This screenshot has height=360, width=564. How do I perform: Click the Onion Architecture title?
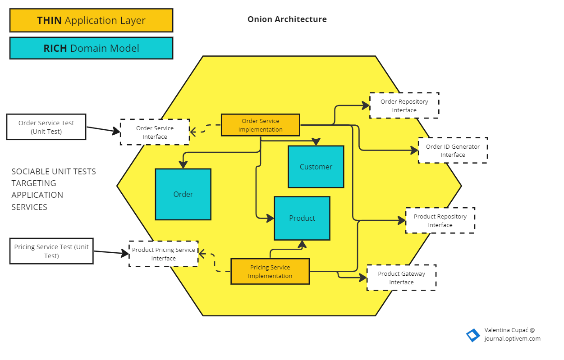pos(287,19)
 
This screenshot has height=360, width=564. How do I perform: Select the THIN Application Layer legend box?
pos(91,20)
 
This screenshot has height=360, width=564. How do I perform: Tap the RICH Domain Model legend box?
pos(91,48)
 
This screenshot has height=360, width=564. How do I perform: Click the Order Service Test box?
pos(46,127)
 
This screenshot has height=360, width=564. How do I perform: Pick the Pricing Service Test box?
pos(51,251)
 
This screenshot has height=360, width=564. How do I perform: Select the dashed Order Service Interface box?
pos(155,132)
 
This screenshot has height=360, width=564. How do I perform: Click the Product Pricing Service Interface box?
pos(163,254)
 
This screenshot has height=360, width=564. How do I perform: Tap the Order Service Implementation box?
pos(260,125)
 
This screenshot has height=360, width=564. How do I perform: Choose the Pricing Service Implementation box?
pos(270,272)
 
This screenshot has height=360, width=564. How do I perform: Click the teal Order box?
pos(183,194)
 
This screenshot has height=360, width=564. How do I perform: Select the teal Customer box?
pos(316,167)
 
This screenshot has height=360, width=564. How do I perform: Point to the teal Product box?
pos(302,218)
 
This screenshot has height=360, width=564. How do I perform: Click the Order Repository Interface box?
pos(404,106)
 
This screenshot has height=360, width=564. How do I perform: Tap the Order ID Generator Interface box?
pos(453,150)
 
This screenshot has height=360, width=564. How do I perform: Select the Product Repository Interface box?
pos(440,221)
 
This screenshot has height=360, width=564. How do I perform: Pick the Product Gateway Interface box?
pos(401,278)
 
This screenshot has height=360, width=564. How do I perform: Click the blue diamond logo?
pos(473,335)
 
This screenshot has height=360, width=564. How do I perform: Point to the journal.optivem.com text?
pos(512,339)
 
